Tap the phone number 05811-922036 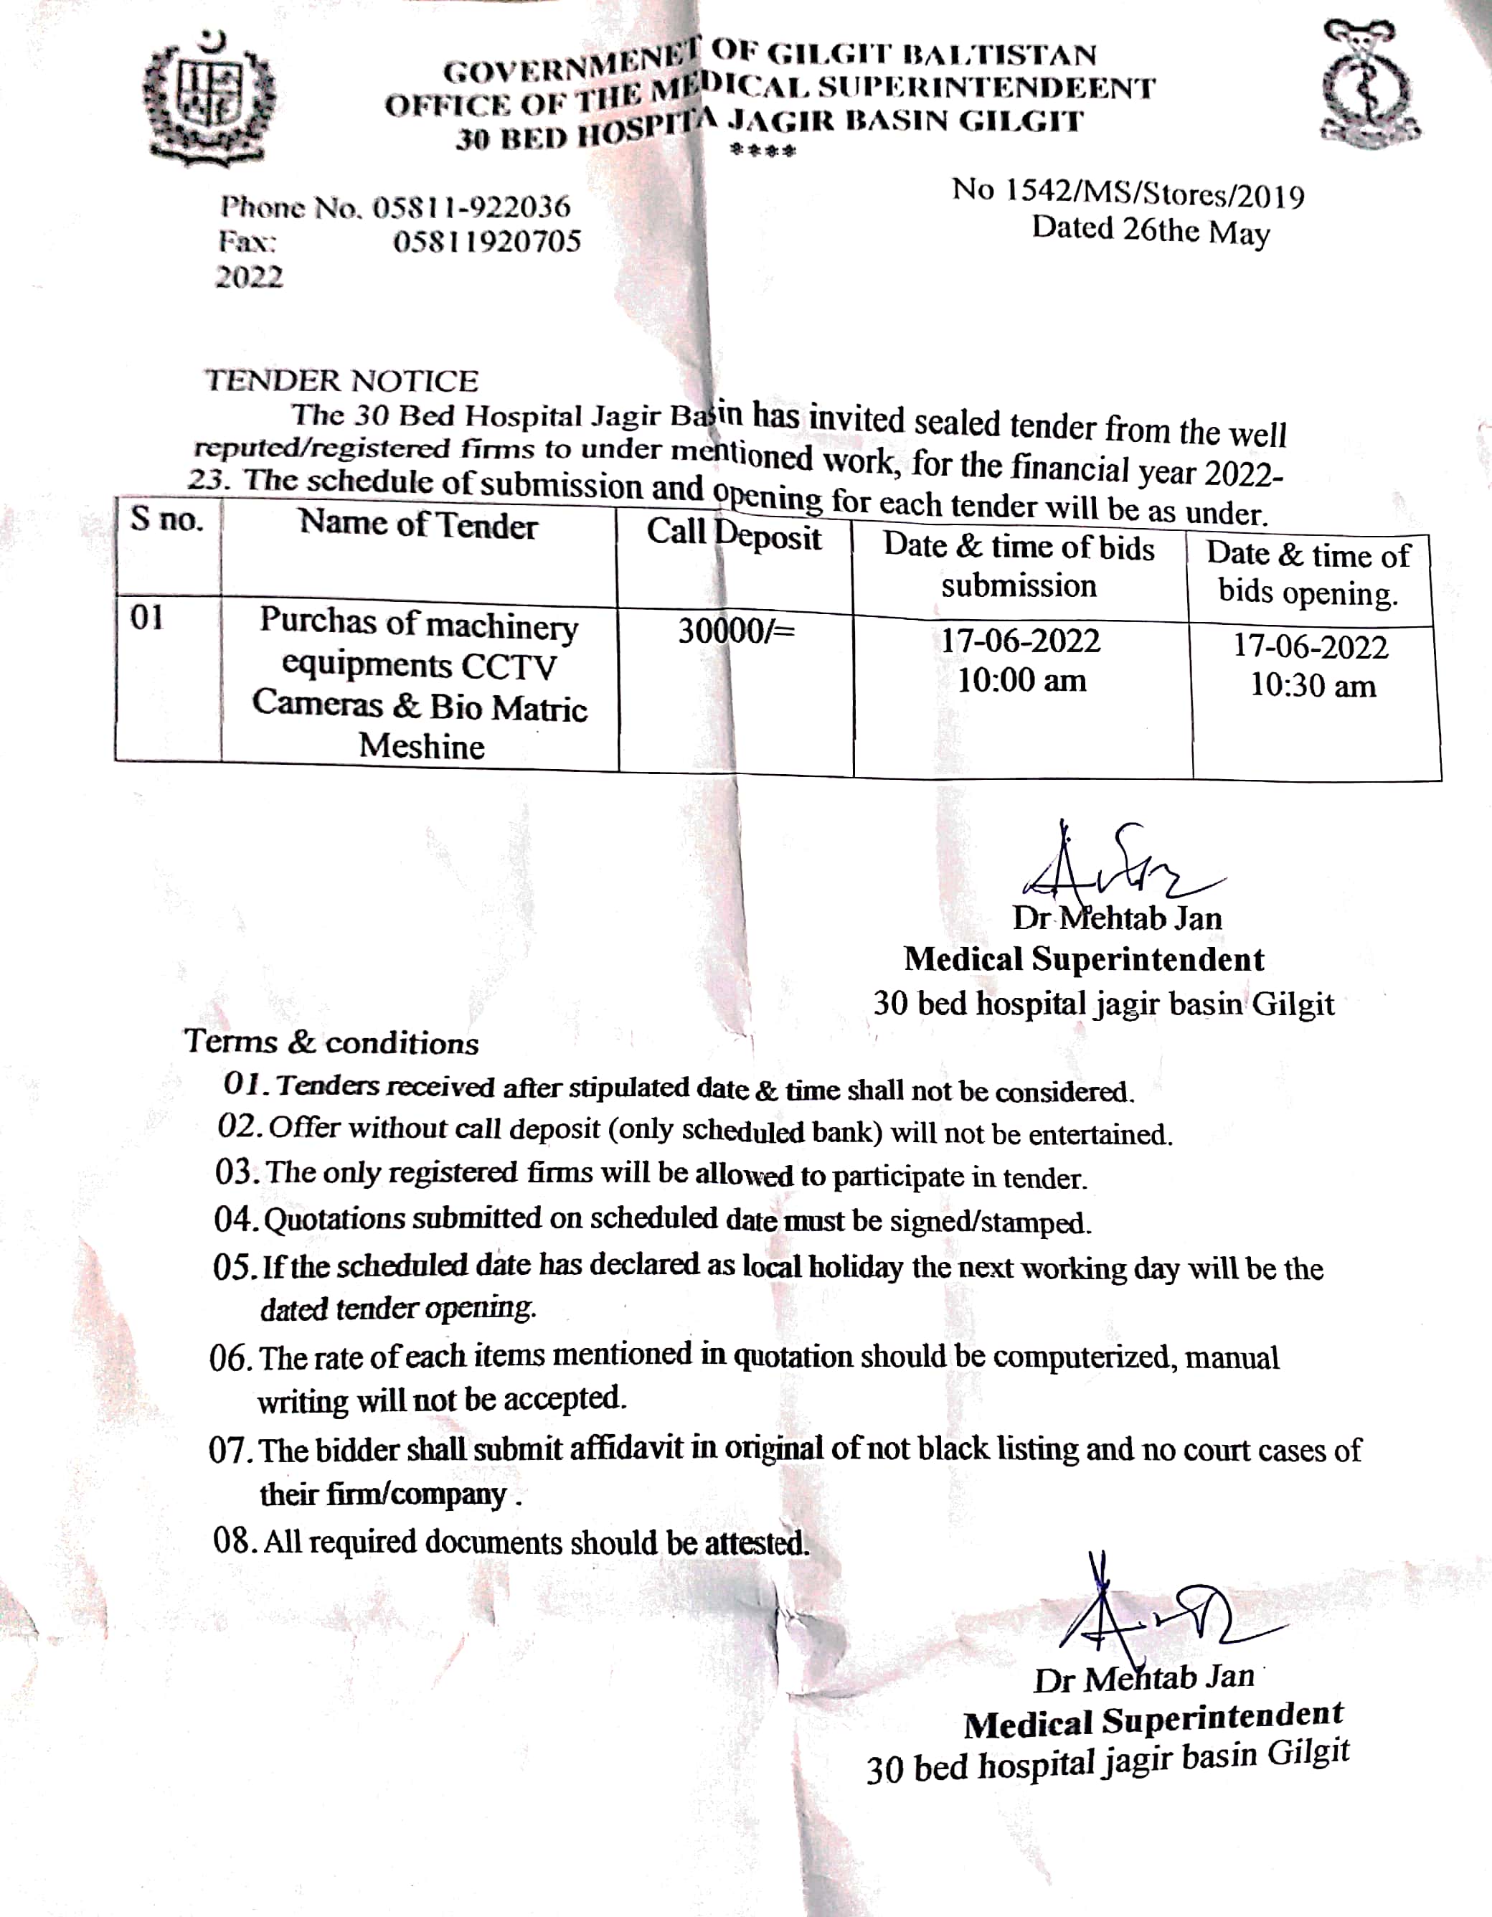pos(471,207)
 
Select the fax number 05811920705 pos(487,241)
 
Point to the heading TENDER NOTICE pos(341,381)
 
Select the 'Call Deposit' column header pos(734,534)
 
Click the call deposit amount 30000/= pos(735,631)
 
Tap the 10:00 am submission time pos(1021,680)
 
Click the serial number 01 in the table pos(146,618)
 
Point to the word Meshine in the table pos(421,746)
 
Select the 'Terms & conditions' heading pos(331,1042)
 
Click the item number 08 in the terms pos(232,1540)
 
